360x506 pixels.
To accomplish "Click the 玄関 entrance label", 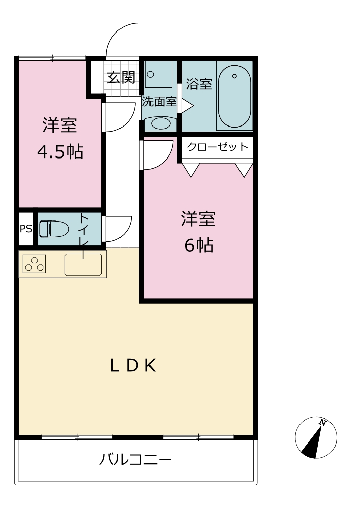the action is click(121, 77).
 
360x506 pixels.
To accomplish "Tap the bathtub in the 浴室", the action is click(234, 96).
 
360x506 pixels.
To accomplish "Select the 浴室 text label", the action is click(199, 84).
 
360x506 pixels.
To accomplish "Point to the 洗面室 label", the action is click(160, 102).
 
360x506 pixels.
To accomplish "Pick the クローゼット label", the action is click(217, 147).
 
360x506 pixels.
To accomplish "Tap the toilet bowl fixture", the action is click(54, 229).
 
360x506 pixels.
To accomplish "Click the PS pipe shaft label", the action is click(26, 229).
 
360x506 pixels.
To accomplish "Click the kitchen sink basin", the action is click(83, 265).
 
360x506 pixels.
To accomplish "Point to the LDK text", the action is click(133, 366).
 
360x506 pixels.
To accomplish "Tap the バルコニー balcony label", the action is click(135, 459).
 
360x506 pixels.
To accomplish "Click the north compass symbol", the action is click(316, 437).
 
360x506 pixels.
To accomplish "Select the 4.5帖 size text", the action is click(61, 152).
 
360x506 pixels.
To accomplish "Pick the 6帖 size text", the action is click(199, 245).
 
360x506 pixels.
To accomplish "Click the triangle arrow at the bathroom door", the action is click(187, 106).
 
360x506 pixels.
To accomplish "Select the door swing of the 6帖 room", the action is click(158, 154).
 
